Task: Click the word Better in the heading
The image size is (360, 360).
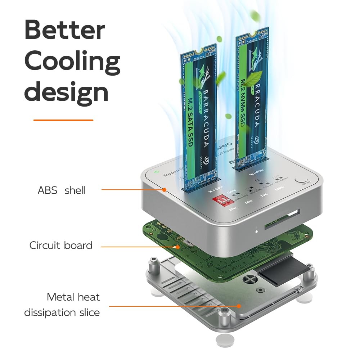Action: [x=64, y=30]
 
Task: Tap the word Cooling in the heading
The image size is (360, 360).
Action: [x=72, y=61]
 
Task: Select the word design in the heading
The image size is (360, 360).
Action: [x=66, y=91]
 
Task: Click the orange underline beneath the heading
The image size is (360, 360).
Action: [x=63, y=120]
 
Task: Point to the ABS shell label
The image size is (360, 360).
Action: [x=62, y=190]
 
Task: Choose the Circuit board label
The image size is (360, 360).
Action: [x=61, y=246]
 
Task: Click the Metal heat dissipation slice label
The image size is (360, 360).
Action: [x=62, y=305]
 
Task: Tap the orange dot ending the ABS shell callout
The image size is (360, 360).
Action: [x=164, y=189]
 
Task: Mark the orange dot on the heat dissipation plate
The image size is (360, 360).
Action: [x=239, y=306]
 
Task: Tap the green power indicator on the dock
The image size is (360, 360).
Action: [x=156, y=171]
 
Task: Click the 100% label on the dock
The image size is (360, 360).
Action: [x=279, y=187]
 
